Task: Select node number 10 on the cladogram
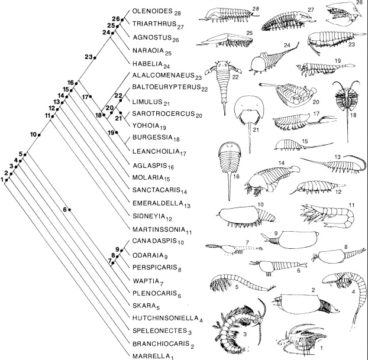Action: (x=39, y=135)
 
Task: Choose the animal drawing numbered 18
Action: (x=346, y=106)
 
